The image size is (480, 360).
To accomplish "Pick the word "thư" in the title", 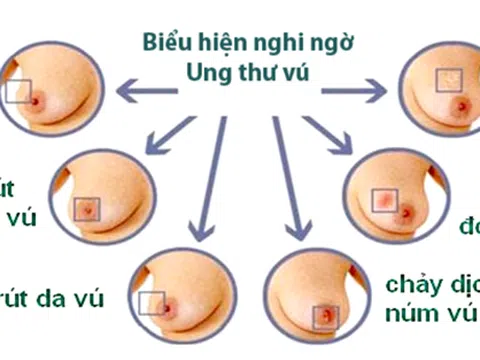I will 247,74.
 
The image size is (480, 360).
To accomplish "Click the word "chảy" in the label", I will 411,283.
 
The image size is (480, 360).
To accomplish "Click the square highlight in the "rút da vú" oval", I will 151,304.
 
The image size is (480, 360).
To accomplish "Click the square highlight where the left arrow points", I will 17,92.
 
